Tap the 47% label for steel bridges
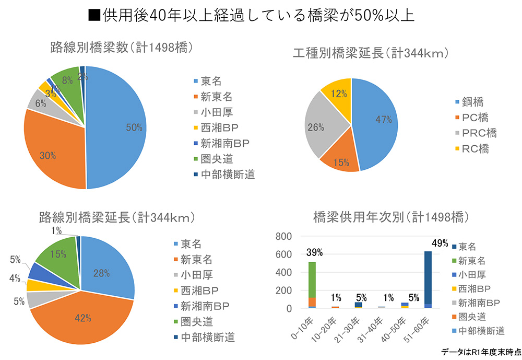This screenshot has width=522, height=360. click(383, 120)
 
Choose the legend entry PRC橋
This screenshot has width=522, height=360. click(479, 133)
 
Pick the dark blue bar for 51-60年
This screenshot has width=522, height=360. click(429, 277)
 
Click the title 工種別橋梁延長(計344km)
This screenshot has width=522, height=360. click(371, 53)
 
